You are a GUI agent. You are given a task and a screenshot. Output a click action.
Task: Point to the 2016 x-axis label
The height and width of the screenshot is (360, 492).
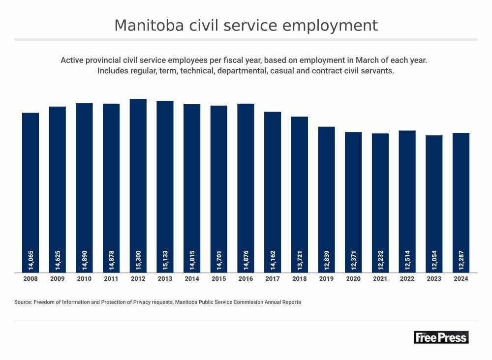(246, 279)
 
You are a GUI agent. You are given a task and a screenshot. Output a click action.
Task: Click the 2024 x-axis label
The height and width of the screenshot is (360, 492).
(461, 279)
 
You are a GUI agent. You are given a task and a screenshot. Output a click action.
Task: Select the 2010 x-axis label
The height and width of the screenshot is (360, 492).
(84, 279)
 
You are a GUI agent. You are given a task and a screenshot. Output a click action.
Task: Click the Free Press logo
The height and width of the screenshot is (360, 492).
(441, 337)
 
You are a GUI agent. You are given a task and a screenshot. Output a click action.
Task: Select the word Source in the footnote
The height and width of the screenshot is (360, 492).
(23, 302)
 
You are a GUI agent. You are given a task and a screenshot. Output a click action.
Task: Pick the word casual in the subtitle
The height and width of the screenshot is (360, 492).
(292, 71)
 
